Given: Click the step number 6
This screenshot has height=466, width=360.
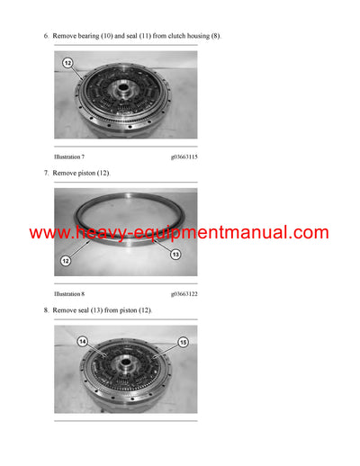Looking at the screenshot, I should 46,36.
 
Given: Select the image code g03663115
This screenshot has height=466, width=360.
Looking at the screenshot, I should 184,157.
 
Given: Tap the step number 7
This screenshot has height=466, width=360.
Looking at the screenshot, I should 46,172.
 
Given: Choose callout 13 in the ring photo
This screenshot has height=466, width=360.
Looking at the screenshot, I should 175,255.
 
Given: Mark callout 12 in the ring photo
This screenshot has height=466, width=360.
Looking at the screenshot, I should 66,261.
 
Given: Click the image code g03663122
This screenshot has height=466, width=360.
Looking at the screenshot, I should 184,293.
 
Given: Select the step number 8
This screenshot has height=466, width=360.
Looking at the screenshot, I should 46,309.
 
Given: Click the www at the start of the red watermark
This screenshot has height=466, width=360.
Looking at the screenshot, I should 47,233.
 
